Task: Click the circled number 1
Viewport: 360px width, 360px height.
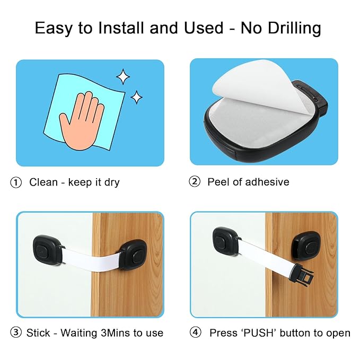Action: [16, 182]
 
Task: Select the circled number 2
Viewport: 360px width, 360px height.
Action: [195, 182]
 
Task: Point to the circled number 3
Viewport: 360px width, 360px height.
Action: [16, 333]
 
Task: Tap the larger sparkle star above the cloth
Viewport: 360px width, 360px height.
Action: [123, 77]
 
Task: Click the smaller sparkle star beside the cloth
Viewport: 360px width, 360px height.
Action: [137, 96]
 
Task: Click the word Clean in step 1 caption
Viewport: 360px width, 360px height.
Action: [43, 182]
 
